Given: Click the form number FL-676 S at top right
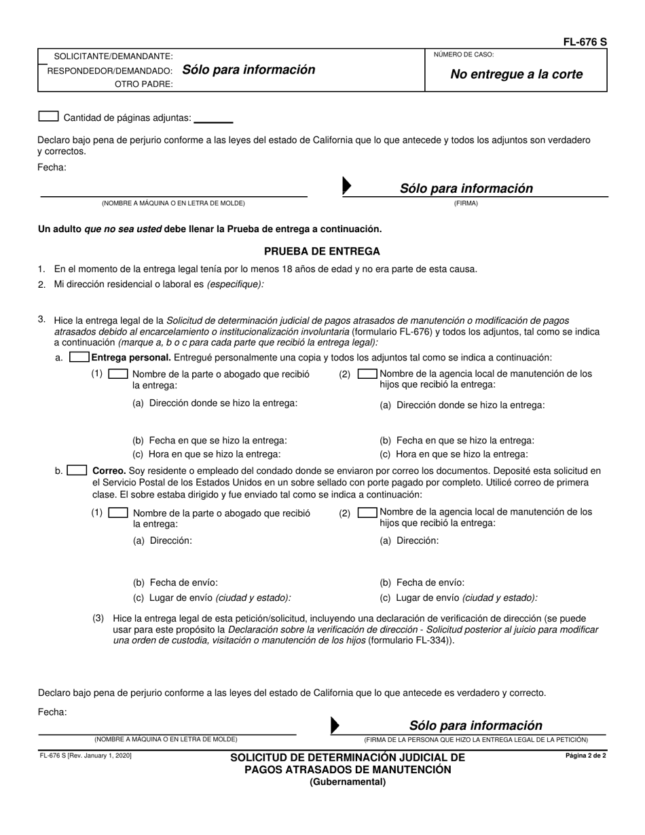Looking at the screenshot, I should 585,42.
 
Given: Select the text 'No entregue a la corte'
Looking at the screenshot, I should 517,75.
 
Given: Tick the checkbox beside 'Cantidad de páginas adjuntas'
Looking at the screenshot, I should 48,117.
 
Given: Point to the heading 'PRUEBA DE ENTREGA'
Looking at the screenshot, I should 322,251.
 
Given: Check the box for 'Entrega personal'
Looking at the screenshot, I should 79,357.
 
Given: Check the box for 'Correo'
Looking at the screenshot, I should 77,470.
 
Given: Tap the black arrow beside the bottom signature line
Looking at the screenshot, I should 334,725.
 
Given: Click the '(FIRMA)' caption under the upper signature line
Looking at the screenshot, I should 466,203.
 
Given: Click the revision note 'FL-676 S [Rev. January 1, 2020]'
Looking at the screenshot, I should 85,756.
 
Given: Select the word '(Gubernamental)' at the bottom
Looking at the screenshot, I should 348,781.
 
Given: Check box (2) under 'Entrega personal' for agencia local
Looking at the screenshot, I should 367,373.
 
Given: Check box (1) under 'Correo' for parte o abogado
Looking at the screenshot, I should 118,513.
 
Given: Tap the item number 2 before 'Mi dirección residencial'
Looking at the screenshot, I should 41,285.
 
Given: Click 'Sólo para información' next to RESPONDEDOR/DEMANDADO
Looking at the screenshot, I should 244,70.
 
